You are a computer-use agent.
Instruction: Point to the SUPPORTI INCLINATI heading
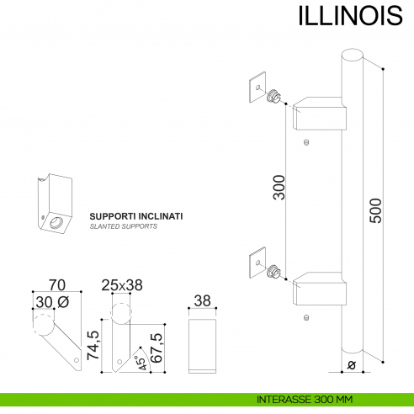[x=136, y=216]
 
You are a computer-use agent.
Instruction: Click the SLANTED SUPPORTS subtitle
[x=123, y=227]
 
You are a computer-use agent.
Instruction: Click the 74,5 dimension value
[x=93, y=345]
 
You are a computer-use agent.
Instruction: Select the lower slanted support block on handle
[x=320, y=288]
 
